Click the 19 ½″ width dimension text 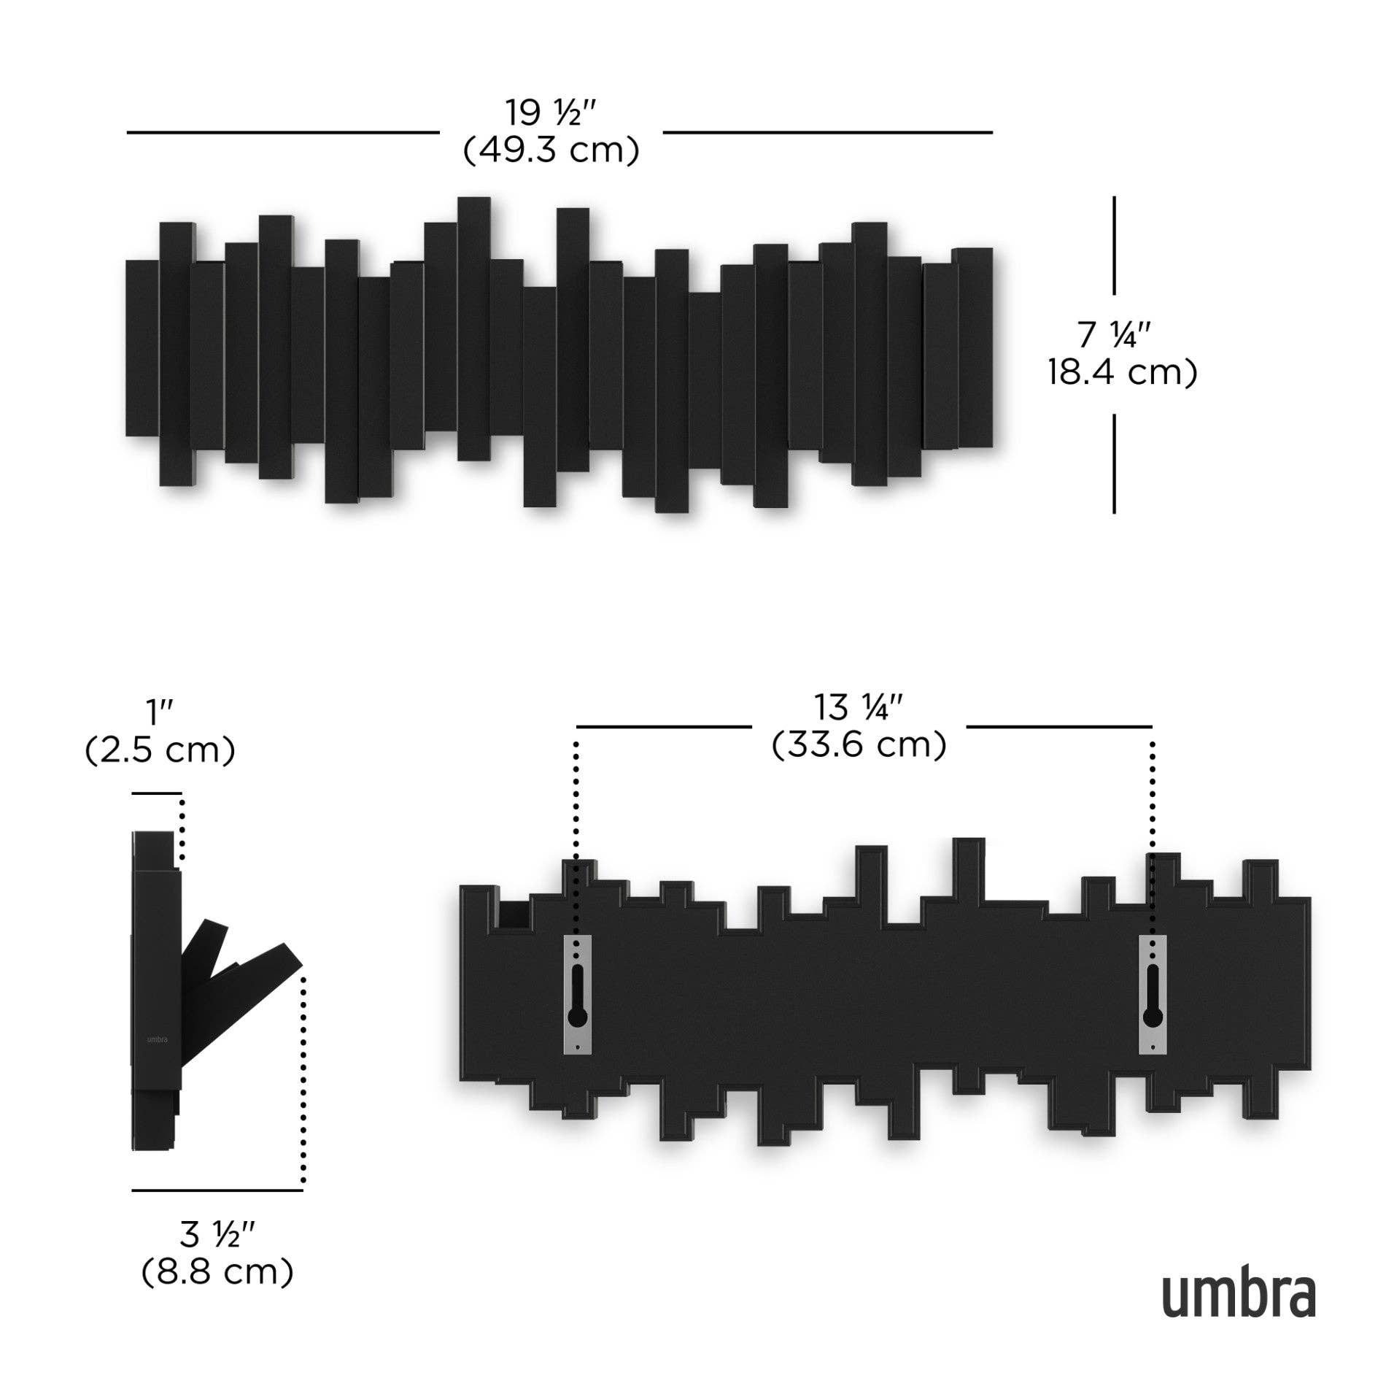pos(551,113)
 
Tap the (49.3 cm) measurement pos(551,150)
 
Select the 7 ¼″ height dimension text pos(1114,335)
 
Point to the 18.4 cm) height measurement pos(1123,372)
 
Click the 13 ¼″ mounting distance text pos(859,707)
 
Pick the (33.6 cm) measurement pos(859,745)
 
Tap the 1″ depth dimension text pos(159,712)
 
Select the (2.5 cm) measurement pos(160,750)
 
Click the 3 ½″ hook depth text pos(217,1235)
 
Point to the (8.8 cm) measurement pos(217,1272)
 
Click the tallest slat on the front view pos(473,328)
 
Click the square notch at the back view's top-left pos(514,915)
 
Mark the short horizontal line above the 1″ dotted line pos(157,793)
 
